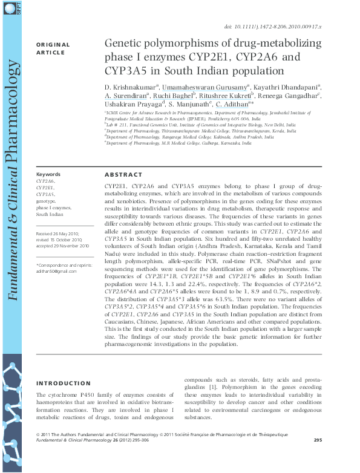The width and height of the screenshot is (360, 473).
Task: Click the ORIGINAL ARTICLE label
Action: click(x=53, y=49)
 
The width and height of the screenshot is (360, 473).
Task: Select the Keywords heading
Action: click(x=48, y=174)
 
